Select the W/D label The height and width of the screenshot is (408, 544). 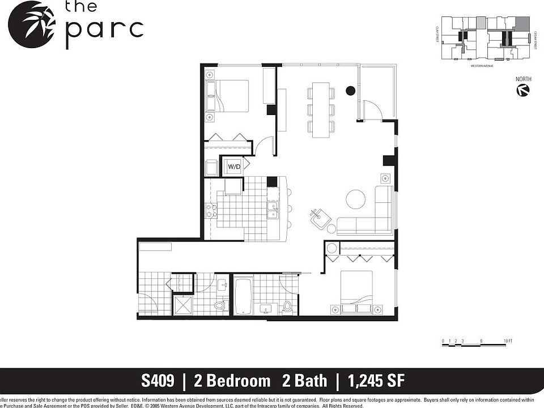(x=233, y=167)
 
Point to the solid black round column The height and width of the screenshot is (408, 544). (x=351, y=90)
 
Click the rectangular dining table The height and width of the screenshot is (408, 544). (x=321, y=109)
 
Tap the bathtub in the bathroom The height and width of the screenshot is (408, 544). (x=243, y=295)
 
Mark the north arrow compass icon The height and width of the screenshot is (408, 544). (x=523, y=91)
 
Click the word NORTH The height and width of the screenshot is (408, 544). (x=523, y=79)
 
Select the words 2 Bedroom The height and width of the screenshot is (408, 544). (x=232, y=380)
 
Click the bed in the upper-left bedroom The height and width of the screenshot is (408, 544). (x=228, y=96)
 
